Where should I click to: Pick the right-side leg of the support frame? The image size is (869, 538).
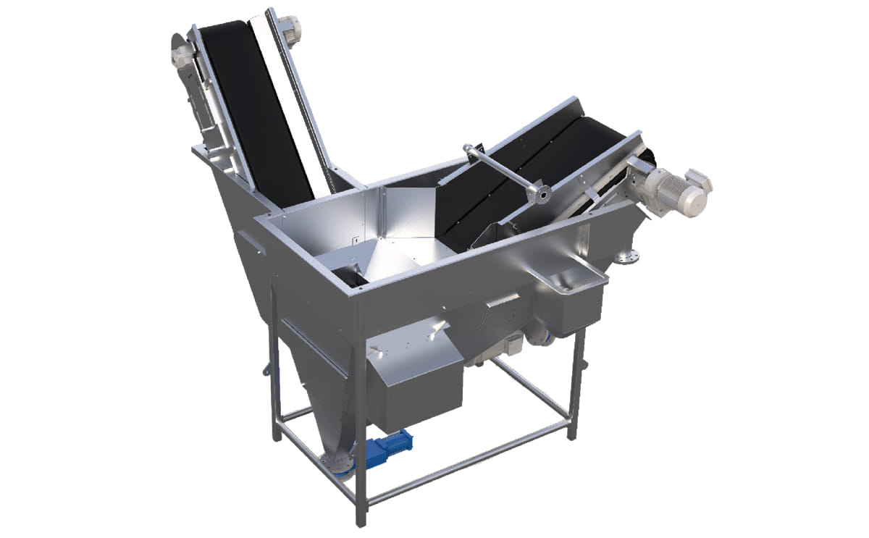(576, 384)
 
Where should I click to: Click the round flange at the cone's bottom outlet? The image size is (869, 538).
(335, 463)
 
